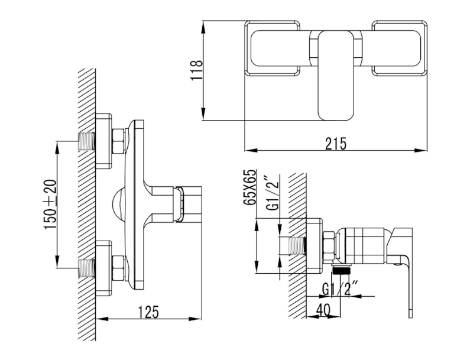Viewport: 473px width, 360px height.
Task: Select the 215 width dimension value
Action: pyautogui.click(x=335, y=143)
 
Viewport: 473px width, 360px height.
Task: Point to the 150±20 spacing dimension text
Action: pyautogui.click(x=51, y=204)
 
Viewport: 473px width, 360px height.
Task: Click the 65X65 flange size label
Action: pyautogui.click(x=250, y=187)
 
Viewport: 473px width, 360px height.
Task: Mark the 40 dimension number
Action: pyautogui.click(x=324, y=309)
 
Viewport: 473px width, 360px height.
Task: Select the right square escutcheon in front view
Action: pyautogui.click(x=399, y=48)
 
